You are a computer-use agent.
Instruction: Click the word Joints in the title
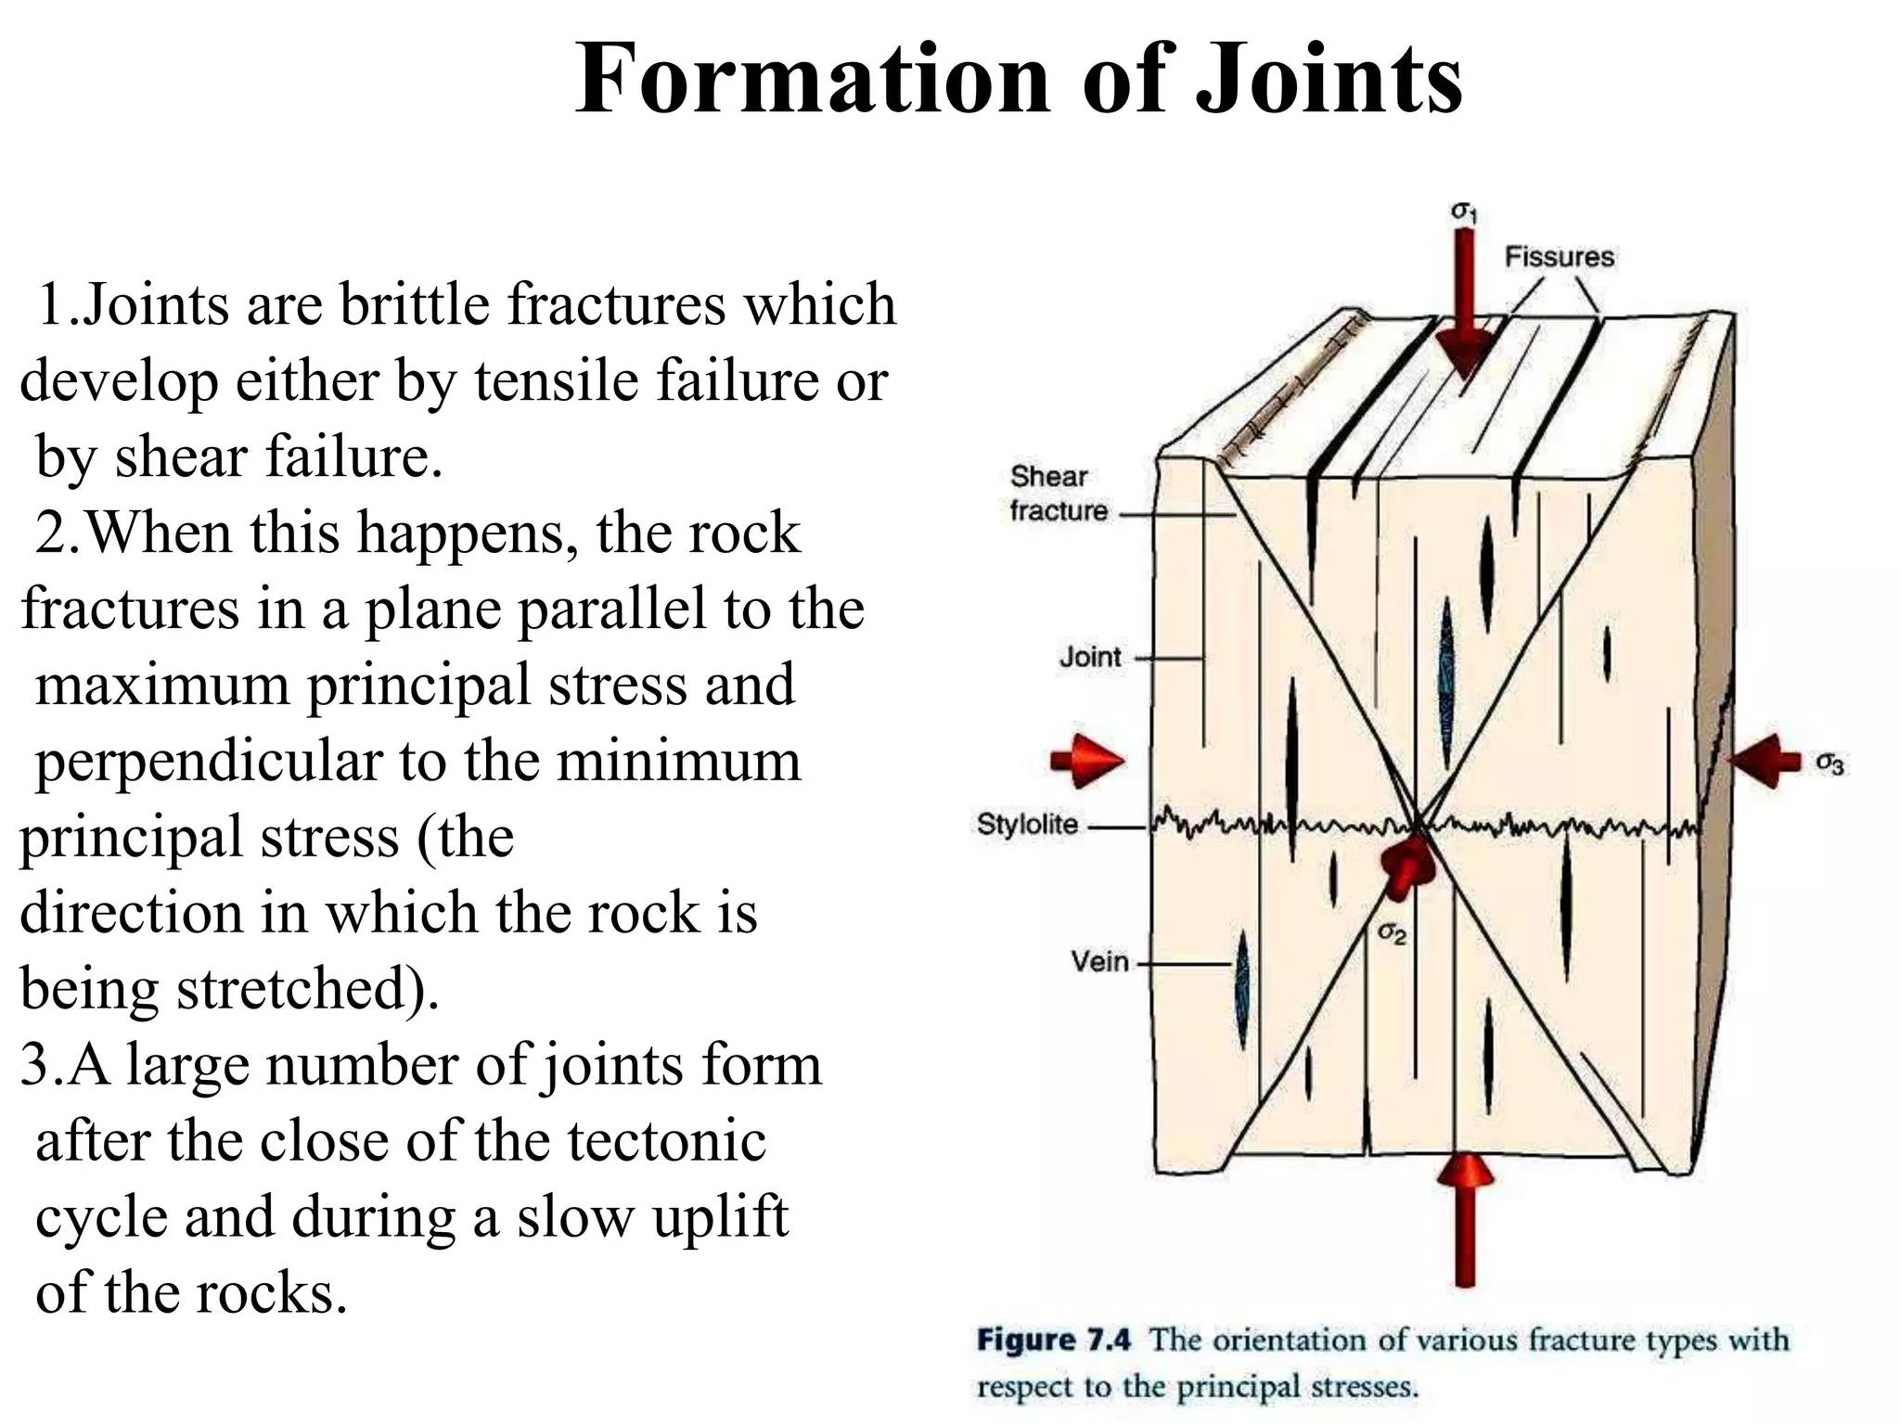(1329, 82)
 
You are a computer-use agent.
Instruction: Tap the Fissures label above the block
(1559, 257)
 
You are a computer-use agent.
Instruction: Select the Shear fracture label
(1058, 494)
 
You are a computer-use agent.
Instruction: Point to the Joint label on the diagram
(1090, 658)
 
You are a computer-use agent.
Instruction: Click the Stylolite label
(1027, 824)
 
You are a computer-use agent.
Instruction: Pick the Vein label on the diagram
(1099, 961)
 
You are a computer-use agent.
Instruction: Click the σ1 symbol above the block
(1463, 212)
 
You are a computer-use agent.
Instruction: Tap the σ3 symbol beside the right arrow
(1829, 764)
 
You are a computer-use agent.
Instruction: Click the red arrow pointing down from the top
(1464, 306)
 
